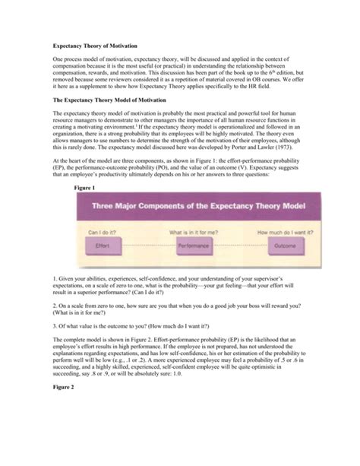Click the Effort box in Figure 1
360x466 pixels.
(x=104, y=246)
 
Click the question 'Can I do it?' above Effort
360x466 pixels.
(x=103, y=232)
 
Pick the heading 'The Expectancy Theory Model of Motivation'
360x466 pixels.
(x=109, y=99)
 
